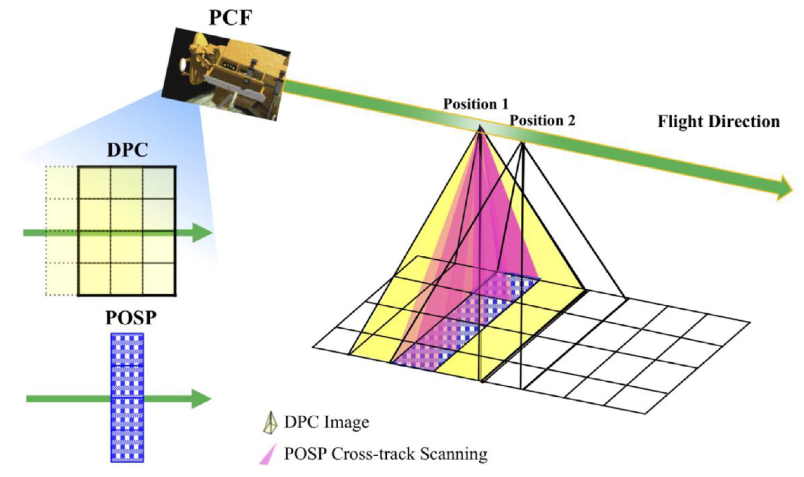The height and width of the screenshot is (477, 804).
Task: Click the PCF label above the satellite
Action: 230,17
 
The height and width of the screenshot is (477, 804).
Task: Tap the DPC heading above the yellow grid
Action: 127,150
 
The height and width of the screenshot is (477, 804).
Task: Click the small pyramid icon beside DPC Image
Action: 269,423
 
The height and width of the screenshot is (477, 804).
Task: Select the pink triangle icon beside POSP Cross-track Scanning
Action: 267,454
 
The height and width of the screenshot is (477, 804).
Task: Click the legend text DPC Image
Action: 326,422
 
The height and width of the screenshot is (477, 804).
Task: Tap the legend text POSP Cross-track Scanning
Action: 386,454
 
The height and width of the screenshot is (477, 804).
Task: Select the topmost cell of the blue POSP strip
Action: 127,350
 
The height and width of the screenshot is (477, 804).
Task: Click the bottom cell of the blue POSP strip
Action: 127,445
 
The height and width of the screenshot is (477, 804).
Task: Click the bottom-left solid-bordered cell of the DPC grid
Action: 94,279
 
